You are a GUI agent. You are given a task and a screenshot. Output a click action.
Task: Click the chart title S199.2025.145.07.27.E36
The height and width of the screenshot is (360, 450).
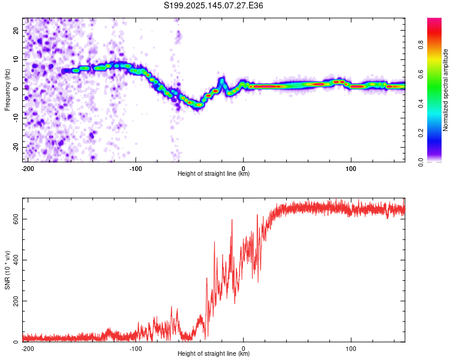coord(213,5)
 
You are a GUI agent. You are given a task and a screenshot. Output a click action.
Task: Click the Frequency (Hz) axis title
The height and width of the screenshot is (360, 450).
coord(7,90)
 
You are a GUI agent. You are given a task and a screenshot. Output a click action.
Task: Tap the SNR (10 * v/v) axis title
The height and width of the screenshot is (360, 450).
coord(7,270)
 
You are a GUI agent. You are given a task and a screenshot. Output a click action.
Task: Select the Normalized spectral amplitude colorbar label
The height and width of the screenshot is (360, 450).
coord(445,90)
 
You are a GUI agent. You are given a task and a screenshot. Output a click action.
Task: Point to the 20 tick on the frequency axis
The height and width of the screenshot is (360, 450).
coord(16,31)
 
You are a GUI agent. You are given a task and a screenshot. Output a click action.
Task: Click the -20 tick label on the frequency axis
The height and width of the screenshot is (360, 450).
coord(16,147)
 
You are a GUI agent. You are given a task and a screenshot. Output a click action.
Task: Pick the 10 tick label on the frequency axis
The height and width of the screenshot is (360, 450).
coord(16,60)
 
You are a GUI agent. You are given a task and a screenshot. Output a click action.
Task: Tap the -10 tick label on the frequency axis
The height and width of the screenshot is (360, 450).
coord(16,118)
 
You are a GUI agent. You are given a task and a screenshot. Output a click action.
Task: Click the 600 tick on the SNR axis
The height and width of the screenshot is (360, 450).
coord(16,219)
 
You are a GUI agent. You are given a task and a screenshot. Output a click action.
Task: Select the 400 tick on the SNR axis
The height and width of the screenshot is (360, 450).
coord(16,260)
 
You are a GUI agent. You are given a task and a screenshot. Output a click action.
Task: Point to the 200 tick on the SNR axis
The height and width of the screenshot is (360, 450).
coord(16,301)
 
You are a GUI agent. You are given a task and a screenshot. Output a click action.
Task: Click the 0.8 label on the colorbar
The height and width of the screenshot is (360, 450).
coord(421,45)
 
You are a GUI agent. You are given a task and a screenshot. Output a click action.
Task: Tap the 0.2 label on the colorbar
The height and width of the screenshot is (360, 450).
coord(421,133)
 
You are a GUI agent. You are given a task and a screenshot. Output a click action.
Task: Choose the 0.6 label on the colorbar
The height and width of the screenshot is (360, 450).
coord(421,74)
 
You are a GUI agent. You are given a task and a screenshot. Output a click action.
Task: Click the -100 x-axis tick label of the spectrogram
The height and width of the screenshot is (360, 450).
coord(136,169)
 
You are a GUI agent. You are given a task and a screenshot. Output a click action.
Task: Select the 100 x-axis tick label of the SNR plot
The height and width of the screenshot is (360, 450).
coord(351,349)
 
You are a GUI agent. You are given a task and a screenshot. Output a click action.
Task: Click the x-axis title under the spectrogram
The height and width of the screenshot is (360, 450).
coord(214,173)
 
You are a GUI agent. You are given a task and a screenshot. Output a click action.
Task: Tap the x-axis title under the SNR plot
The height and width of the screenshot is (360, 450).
coord(214,353)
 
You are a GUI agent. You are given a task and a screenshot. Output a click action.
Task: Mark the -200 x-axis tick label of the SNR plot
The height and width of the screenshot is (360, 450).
coord(28,349)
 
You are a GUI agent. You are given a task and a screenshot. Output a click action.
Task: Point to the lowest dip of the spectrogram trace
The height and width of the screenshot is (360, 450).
coord(199,106)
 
